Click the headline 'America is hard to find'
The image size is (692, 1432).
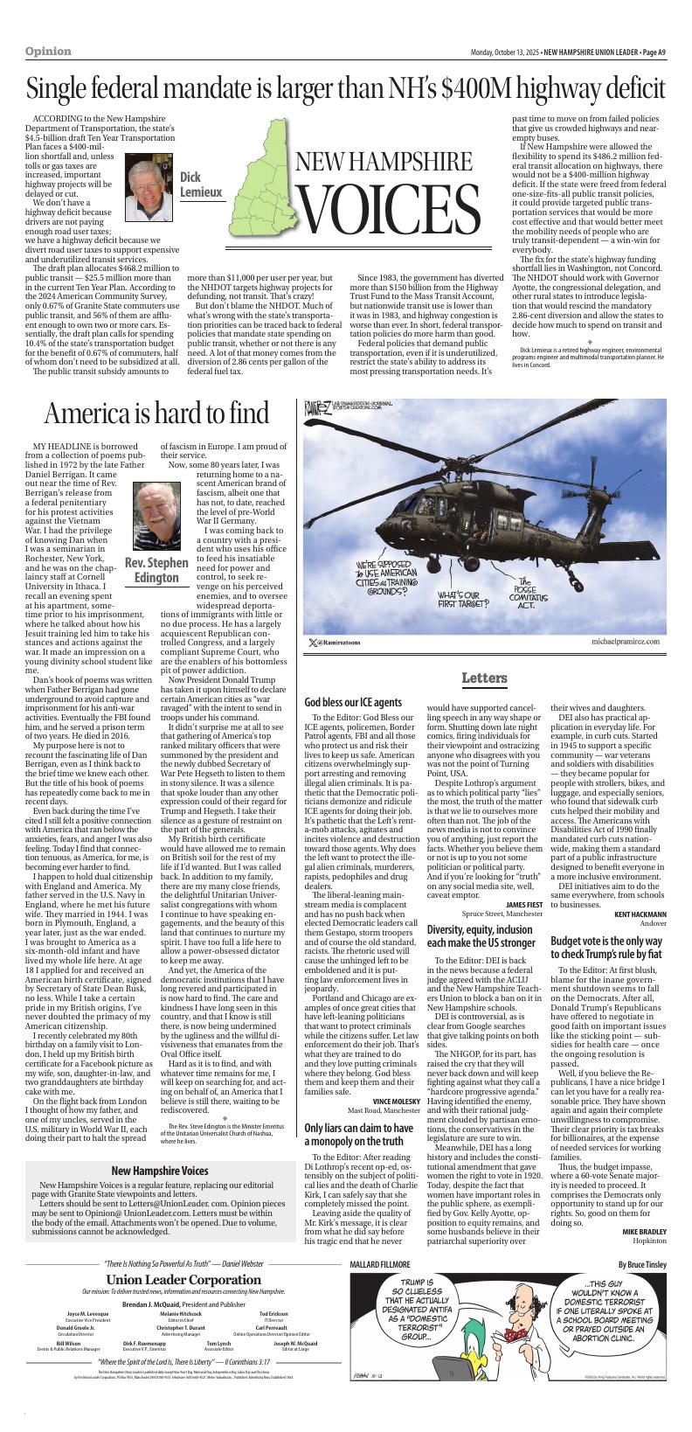(157, 413)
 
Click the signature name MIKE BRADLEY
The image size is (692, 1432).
(644, 1232)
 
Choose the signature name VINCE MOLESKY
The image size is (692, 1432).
(397, 1101)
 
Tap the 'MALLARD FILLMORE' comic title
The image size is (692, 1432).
(379, 1264)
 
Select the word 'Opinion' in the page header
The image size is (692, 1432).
(48, 52)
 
